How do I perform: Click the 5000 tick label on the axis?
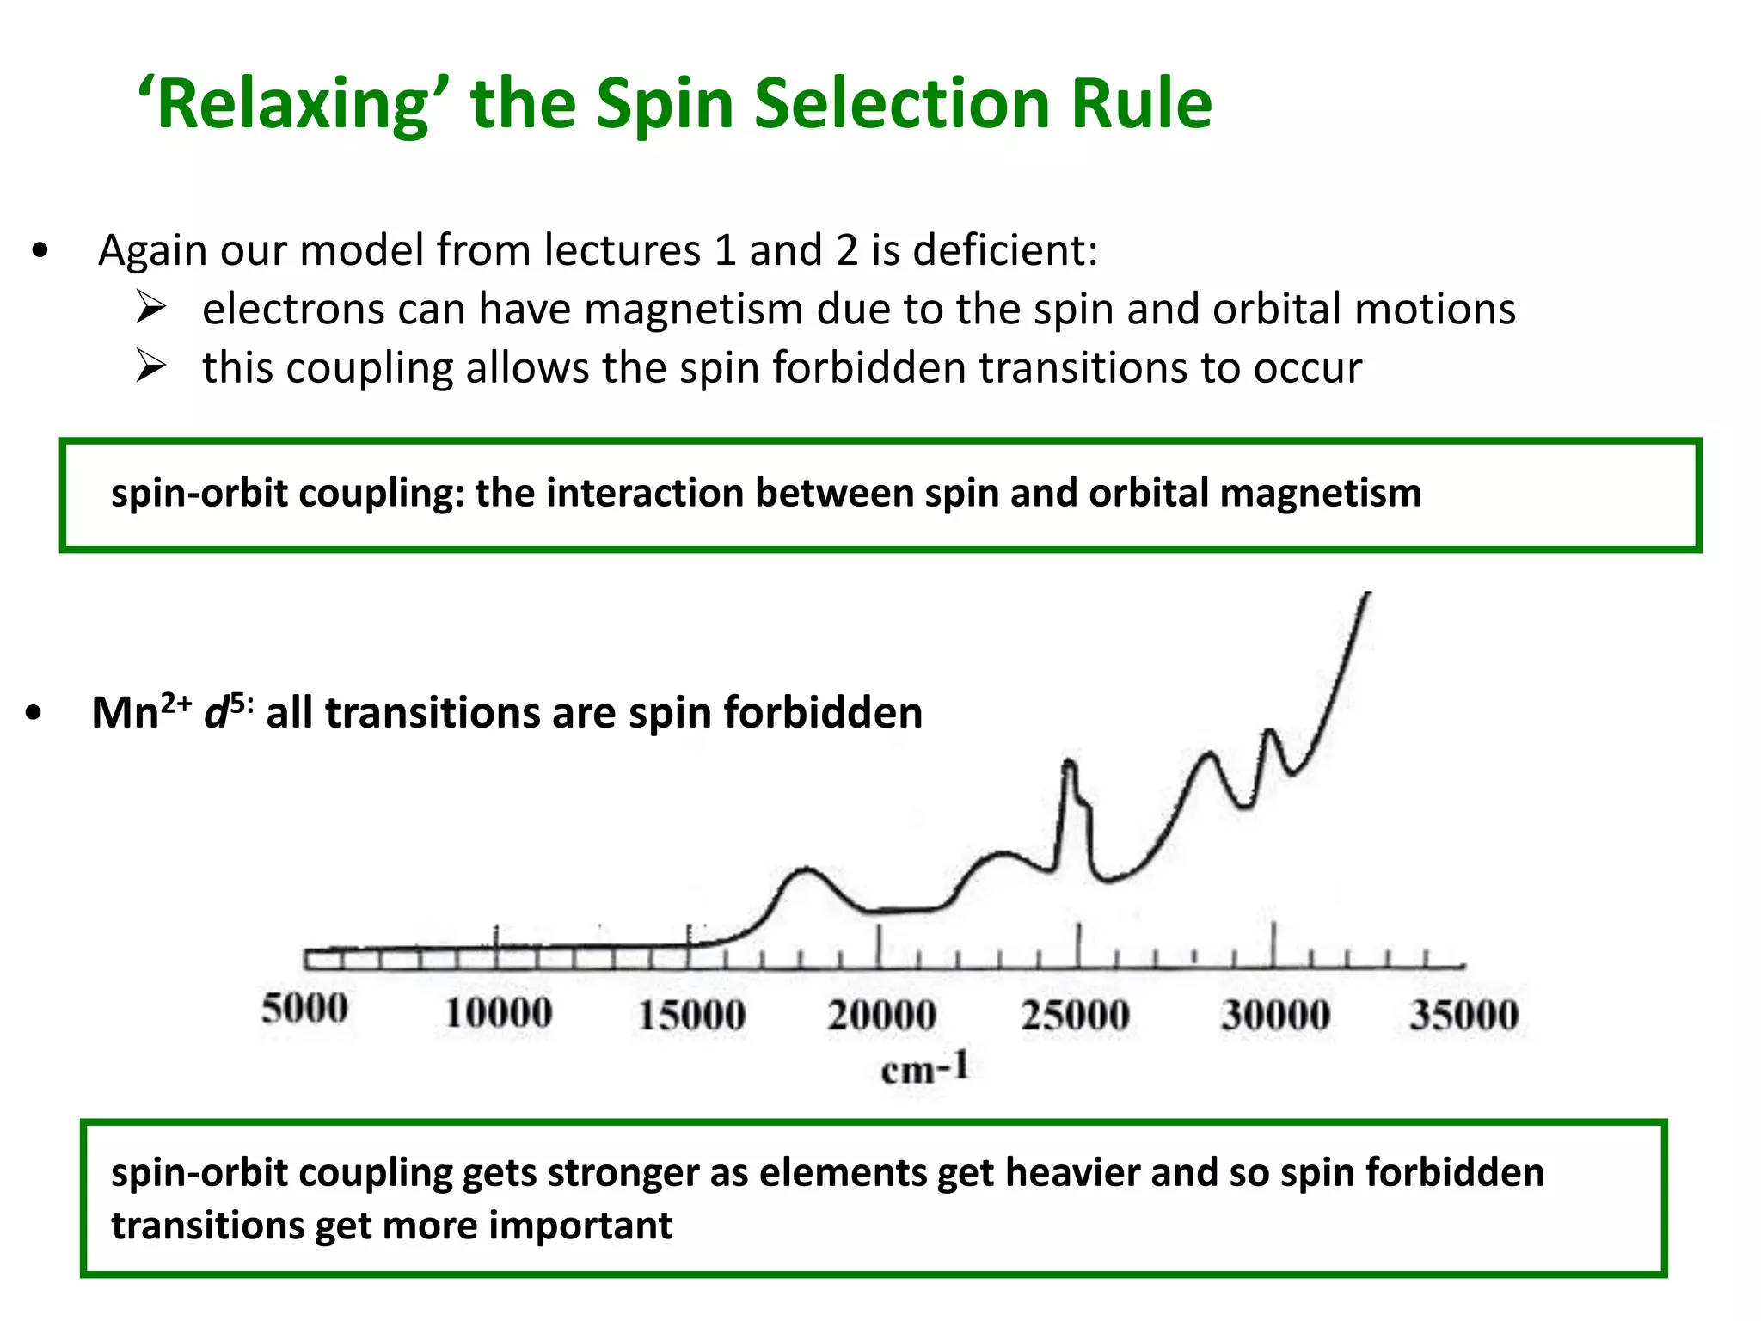[305, 1009]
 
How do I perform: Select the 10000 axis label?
[498, 1013]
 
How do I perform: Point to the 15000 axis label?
[691, 1015]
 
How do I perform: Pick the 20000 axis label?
[882, 1015]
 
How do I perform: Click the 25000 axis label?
[1075, 1015]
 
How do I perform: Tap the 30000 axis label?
[1275, 1015]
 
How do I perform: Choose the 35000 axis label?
[1463, 1015]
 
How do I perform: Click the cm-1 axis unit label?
[925, 1069]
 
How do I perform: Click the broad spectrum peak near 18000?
[807, 870]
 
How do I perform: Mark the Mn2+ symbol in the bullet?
[141, 712]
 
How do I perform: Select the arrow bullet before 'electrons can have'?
[150, 307]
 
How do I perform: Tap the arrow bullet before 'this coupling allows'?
[150, 366]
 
